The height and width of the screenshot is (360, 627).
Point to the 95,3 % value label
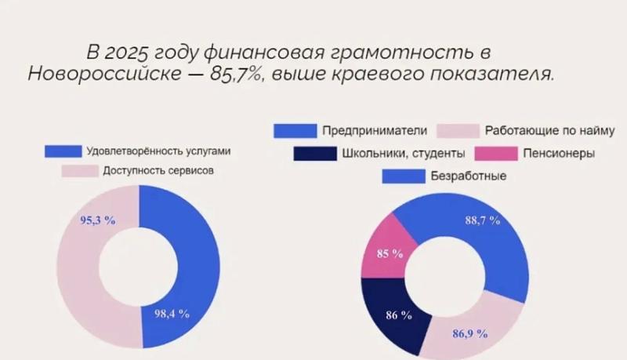98,220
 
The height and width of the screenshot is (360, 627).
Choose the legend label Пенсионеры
560,153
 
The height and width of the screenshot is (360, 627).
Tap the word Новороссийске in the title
106,75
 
